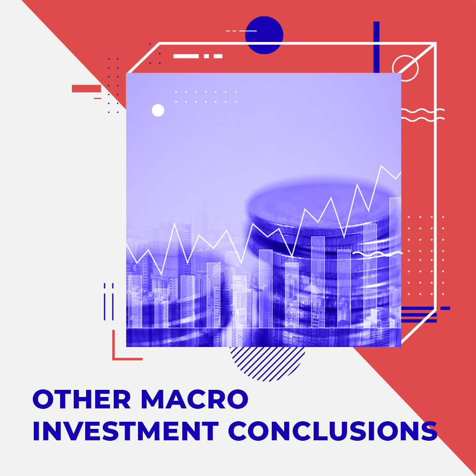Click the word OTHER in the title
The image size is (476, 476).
tap(82, 399)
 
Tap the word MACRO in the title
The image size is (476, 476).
tap(195, 399)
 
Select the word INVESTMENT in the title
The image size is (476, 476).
tap(126, 431)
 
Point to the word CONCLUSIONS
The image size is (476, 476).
tap(333, 431)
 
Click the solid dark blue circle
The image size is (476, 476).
tap(264, 35)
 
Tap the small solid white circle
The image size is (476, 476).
tap(158, 110)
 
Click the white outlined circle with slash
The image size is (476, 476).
tap(405, 68)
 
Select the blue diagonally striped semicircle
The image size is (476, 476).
tap(267, 363)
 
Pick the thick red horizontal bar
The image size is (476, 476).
tap(87, 89)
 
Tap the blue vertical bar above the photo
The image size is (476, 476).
tap(377, 47)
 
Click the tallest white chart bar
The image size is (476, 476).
tap(395, 262)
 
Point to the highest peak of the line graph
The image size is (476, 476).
tap(381, 166)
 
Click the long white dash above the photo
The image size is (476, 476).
tap(186, 56)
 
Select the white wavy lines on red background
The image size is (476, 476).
tap(423, 115)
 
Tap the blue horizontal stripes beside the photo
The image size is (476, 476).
tap(419, 315)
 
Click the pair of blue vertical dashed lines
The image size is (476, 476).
tap(109, 301)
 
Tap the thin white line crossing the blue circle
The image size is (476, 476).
tap(241, 30)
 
